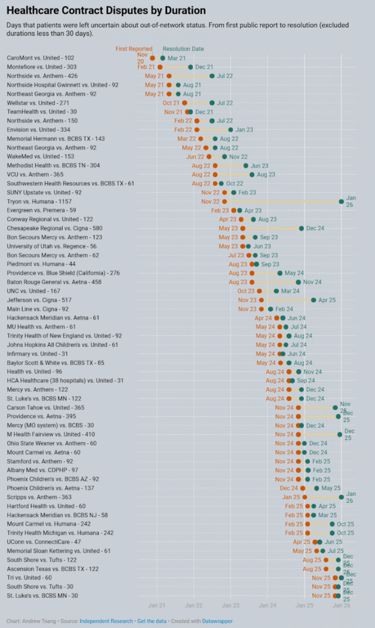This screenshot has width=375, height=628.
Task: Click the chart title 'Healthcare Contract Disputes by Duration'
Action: [106, 10]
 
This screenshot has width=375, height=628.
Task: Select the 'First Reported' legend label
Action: [134, 48]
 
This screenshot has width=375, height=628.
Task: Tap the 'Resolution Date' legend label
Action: [184, 48]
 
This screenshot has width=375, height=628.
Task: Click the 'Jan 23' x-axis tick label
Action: [231, 605]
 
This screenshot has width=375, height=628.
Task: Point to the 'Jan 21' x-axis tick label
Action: [157, 605]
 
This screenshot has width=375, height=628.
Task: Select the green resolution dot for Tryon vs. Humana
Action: [341, 201]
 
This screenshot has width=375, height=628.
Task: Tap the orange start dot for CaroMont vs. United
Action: [153, 58]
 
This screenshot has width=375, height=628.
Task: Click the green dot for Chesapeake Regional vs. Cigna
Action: [301, 228]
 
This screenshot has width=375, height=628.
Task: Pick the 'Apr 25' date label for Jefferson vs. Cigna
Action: [328, 300]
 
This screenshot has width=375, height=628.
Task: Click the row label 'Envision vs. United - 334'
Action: [39, 129]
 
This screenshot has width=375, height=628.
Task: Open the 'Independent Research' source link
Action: [105, 621]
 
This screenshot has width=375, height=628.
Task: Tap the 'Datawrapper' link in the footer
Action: [218, 621]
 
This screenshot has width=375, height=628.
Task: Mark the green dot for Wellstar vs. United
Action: [212, 103]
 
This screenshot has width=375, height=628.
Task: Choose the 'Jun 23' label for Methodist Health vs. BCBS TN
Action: [260, 166]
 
